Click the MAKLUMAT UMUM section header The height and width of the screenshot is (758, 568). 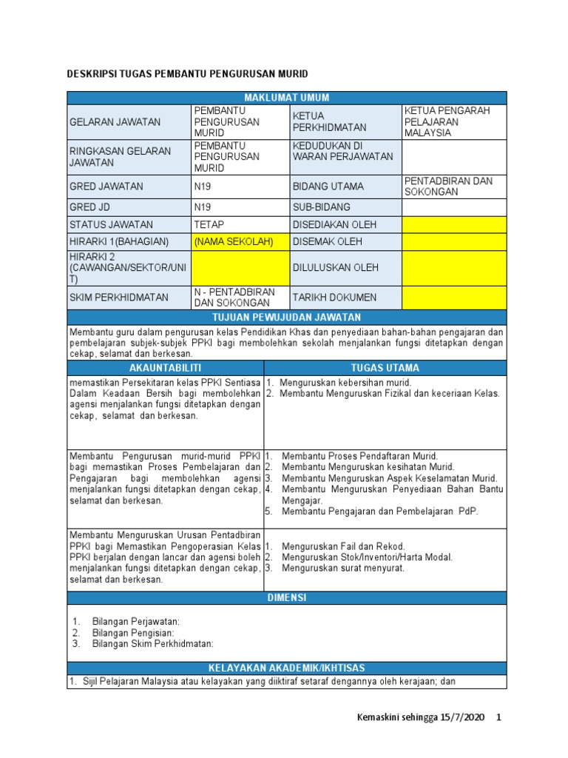pos(287,98)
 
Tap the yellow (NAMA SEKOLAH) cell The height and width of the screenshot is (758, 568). pos(233,242)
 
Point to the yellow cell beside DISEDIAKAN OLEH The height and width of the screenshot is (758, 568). pos(454,224)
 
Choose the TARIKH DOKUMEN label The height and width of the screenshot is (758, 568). pos(334,298)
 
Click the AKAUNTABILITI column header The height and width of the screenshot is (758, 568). pos(165,368)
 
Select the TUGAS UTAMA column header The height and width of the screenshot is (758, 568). pos(385,368)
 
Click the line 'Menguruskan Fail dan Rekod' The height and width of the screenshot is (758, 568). pos(343,546)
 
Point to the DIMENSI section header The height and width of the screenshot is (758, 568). pos(287,597)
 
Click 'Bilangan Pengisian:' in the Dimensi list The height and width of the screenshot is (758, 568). pos(133,633)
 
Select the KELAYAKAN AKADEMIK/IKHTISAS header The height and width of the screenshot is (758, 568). pos(287,668)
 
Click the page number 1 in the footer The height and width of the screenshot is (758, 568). pos(499,718)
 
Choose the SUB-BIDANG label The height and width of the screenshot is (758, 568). pos(322,207)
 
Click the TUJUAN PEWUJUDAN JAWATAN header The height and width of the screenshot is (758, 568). pos(287,317)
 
